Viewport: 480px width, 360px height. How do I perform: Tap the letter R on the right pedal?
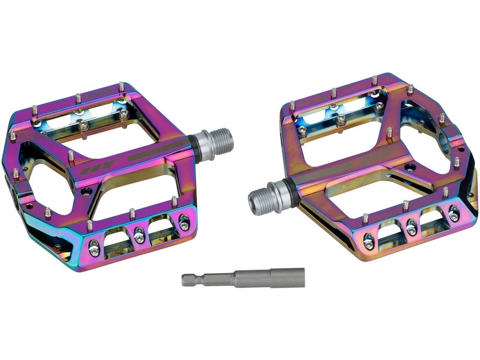[314, 129]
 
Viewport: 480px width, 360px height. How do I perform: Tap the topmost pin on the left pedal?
[121, 85]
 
